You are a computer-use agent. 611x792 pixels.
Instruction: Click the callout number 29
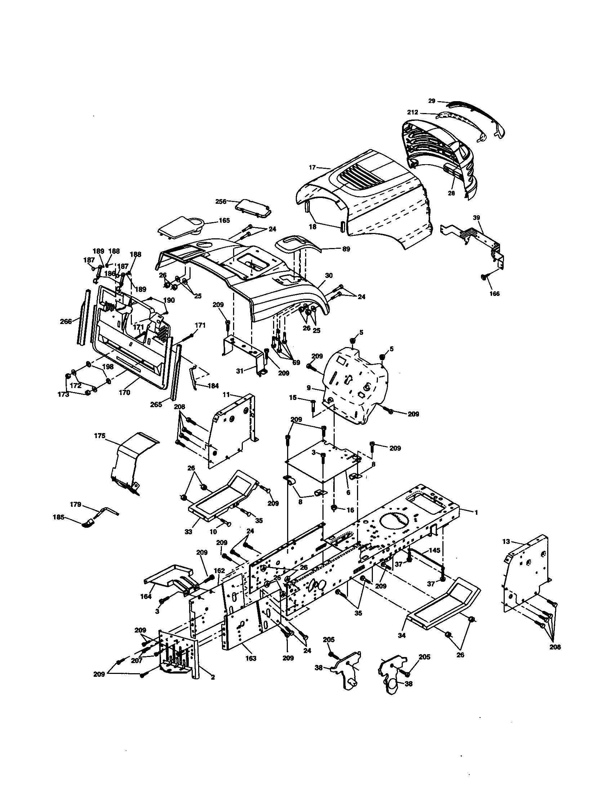[x=431, y=101]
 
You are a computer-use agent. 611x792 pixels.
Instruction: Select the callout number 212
[x=412, y=112]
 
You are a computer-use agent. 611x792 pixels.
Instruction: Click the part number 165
[x=224, y=220]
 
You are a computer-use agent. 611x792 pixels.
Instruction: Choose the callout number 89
[x=346, y=249]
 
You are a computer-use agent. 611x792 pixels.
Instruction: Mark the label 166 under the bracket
[x=494, y=293]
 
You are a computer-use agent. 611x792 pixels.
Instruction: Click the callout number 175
[x=99, y=436]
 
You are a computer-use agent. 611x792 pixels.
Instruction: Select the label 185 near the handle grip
[x=59, y=517]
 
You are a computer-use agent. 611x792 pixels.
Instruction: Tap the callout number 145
[x=434, y=550]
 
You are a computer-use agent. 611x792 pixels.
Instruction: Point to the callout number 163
[x=250, y=658]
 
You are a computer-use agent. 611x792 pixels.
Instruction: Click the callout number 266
[x=66, y=321]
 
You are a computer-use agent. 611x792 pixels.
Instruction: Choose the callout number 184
[x=213, y=386]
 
